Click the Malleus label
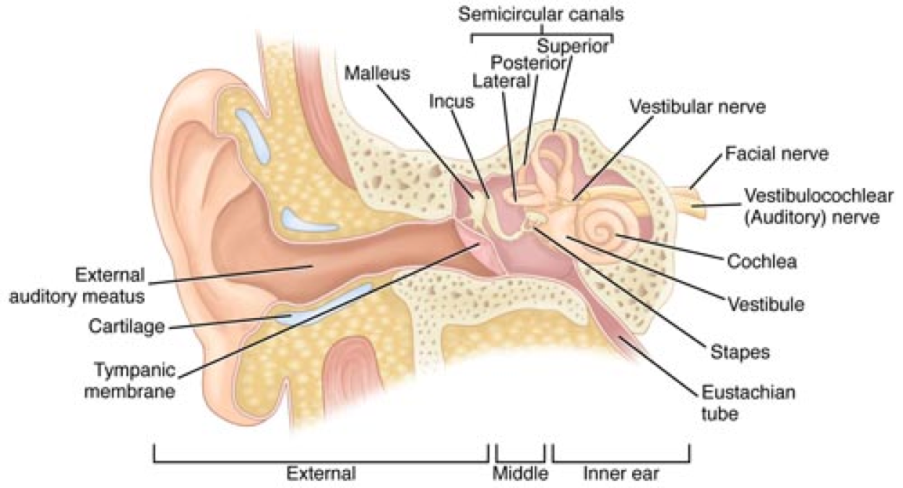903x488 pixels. pyautogui.click(x=376, y=73)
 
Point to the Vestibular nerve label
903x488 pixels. pyautogui.click(x=698, y=107)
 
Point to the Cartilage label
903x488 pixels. pyautogui.click(x=127, y=326)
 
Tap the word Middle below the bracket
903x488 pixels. pyautogui.click(x=520, y=474)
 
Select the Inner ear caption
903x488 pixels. pyautogui.click(x=621, y=474)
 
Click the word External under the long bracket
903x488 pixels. pyautogui.click(x=321, y=474)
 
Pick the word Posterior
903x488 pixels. pyautogui.click(x=527, y=63)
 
